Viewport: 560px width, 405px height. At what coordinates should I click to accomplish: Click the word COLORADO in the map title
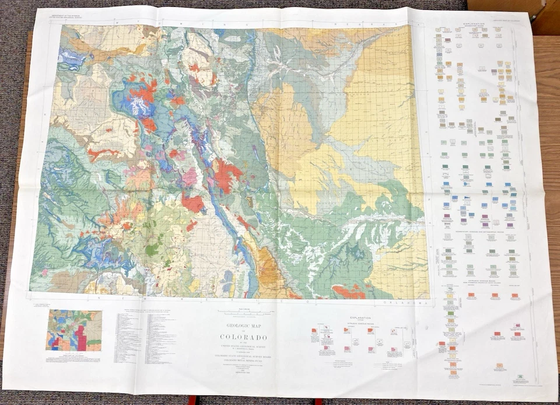point(244,337)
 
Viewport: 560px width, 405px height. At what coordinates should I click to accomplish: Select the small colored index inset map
point(74,330)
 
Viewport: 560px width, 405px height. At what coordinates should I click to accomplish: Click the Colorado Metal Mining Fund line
point(244,361)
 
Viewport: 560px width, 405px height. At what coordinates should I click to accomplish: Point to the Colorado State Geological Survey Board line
point(244,355)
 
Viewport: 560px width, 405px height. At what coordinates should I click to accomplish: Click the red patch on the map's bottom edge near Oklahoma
point(348,292)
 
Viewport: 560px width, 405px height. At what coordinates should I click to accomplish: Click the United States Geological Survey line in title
point(244,345)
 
